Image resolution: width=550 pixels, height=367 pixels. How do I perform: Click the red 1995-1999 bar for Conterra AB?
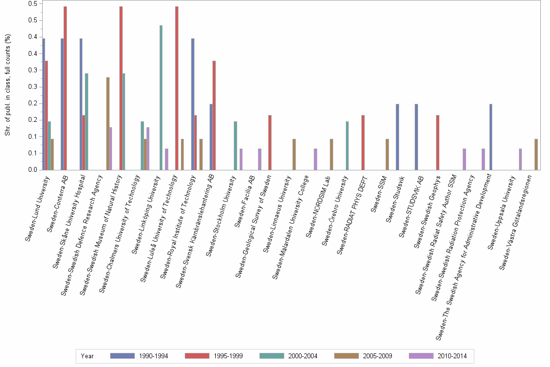tap(65, 87)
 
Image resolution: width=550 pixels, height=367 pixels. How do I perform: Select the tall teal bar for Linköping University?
tap(161, 97)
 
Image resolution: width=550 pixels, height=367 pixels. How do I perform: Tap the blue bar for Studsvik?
tap(397, 136)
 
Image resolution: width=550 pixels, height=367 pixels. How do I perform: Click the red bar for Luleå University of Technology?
tap(177, 87)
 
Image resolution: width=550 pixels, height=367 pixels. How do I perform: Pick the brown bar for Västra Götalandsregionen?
tap(536, 154)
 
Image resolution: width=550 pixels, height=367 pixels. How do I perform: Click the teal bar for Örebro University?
tap(347, 145)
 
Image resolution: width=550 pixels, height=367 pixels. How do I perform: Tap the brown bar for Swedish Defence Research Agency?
tap(108, 123)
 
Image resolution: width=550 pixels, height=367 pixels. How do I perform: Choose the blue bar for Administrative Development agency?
tap(491, 136)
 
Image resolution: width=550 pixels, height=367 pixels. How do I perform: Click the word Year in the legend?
tap(88, 356)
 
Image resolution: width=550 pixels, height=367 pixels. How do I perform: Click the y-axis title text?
tap(8, 84)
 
